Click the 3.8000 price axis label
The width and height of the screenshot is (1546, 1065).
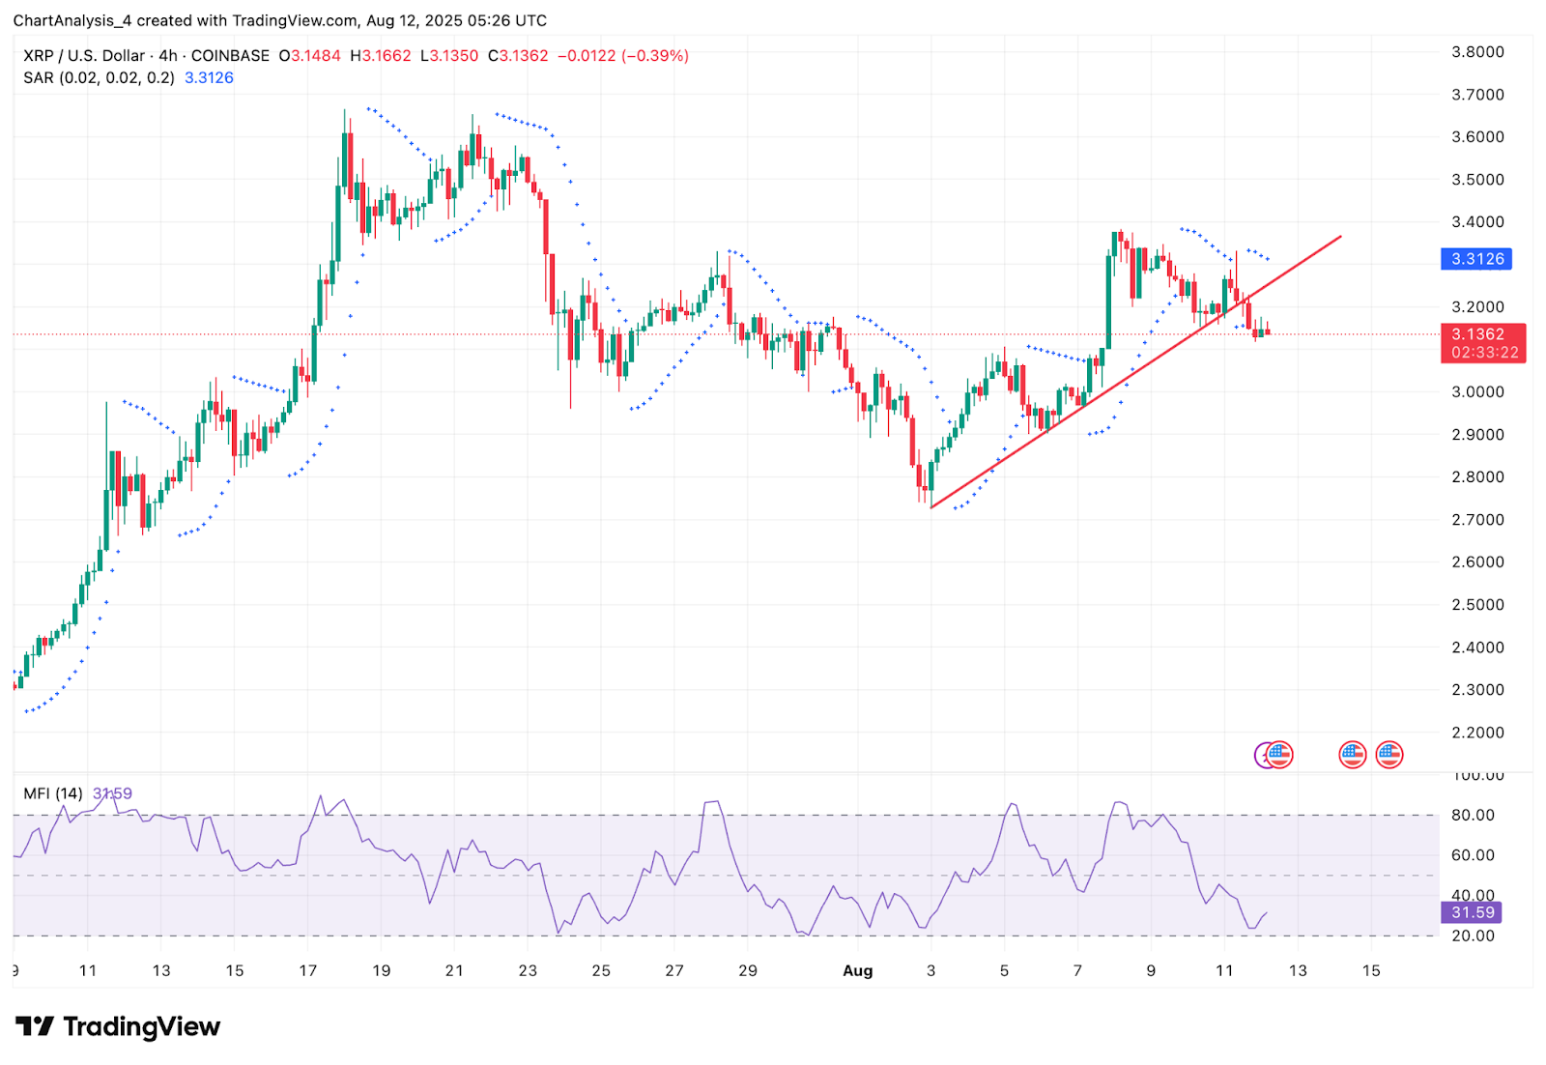[x=1477, y=52]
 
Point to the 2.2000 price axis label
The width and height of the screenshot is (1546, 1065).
[x=1477, y=733]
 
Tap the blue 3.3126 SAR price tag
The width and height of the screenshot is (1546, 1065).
[x=1476, y=259]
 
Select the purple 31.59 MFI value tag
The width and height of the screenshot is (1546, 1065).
[x=1473, y=912]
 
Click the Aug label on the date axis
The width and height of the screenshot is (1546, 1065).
[x=857, y=970]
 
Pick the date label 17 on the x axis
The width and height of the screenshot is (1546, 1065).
[x=308, y=970]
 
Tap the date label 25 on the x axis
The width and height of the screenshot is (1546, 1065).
[x=601, y=970]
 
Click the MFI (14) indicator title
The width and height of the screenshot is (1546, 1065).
[x=53, y=793]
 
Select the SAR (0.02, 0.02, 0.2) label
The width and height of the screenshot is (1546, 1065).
[x=100, y=78]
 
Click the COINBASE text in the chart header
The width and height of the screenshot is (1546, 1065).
[x=230, y=56]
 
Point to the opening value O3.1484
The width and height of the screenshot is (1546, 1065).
[x=310, y=56]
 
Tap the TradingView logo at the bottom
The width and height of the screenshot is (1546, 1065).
[x=118, y=1026]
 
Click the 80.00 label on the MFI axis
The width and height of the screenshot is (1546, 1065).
[x=1473, y=816]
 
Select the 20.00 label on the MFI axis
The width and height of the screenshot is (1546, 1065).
[x=1473, y=935]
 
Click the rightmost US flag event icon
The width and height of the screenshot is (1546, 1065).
[x=1389, y=755]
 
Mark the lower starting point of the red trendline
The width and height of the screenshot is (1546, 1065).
[x=930, y=507]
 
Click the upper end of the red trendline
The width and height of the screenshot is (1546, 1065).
[x=1341, y=236]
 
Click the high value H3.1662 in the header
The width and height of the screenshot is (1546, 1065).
[x=381, y=56]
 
